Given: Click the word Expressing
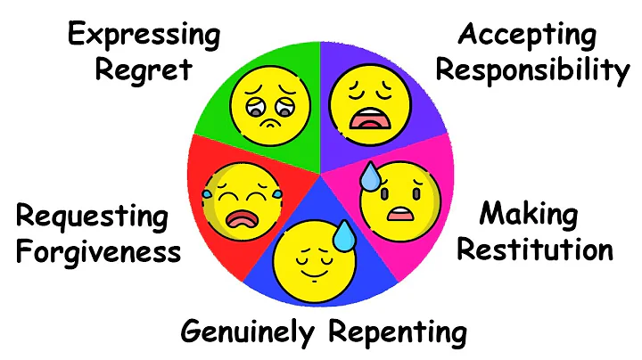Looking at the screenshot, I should point(144,37).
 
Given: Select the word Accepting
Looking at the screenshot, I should point(527,36).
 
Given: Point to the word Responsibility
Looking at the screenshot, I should point(532,70).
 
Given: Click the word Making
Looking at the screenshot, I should point(528,215).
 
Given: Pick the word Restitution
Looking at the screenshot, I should point(535,250).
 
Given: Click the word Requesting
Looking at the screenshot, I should point(92,216).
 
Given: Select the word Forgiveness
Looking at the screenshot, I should point(98,251).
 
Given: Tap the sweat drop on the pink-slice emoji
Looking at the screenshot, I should point(370,179).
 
